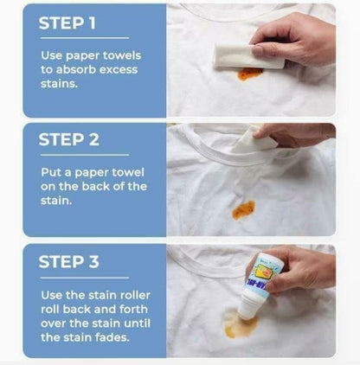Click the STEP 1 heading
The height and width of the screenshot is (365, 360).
pos(73,24)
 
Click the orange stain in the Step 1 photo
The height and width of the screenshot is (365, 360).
pos(249,74)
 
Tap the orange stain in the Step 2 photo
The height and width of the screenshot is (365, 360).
pos(244,209)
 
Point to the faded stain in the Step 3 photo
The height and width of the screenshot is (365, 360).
pos(240,325)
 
